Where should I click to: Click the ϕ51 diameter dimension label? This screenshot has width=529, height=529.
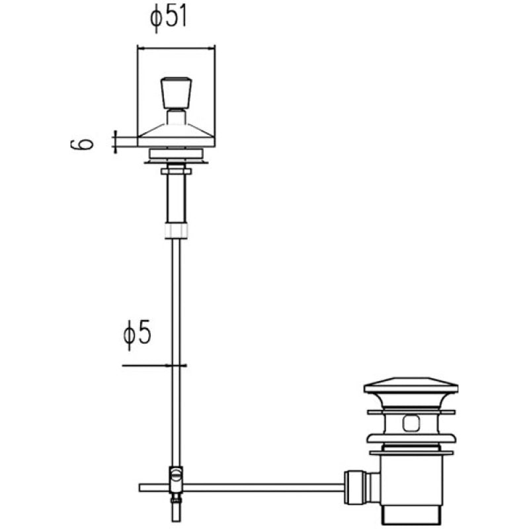pyautogui.click(x=168, y=18)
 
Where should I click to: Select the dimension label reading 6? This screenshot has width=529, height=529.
pyautogui.click(x=82, y=144)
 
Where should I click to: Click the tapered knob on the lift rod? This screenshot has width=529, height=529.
pyautogui.click(x=176, y=93)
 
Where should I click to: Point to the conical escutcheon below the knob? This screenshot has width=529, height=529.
pyautogui.click(x=176, y=136)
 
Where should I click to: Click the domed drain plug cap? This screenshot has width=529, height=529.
pyautogui.click(x=411, y=386)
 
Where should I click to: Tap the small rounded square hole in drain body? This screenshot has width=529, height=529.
pyautogui.click(x=411, y=423)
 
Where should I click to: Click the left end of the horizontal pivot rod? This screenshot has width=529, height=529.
pyautogui.click(x=140, y=488)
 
